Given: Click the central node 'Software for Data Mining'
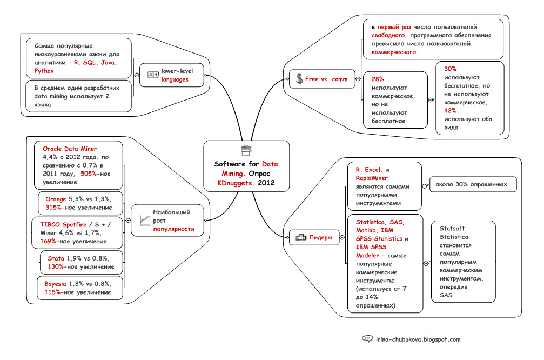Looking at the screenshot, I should [x=246, y=167].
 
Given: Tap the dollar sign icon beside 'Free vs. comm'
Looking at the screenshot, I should [x=299, y=79].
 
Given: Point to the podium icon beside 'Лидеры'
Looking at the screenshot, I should [x=300, y=237].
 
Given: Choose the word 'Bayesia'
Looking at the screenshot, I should [x=55, y=284].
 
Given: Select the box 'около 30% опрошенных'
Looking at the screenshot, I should [x=472, y=185].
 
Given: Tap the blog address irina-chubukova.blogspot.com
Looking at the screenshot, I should [x=418, y=339].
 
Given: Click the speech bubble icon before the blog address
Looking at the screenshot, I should [x=367, y=339].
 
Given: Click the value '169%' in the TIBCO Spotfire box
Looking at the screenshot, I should [x=51, y=241].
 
